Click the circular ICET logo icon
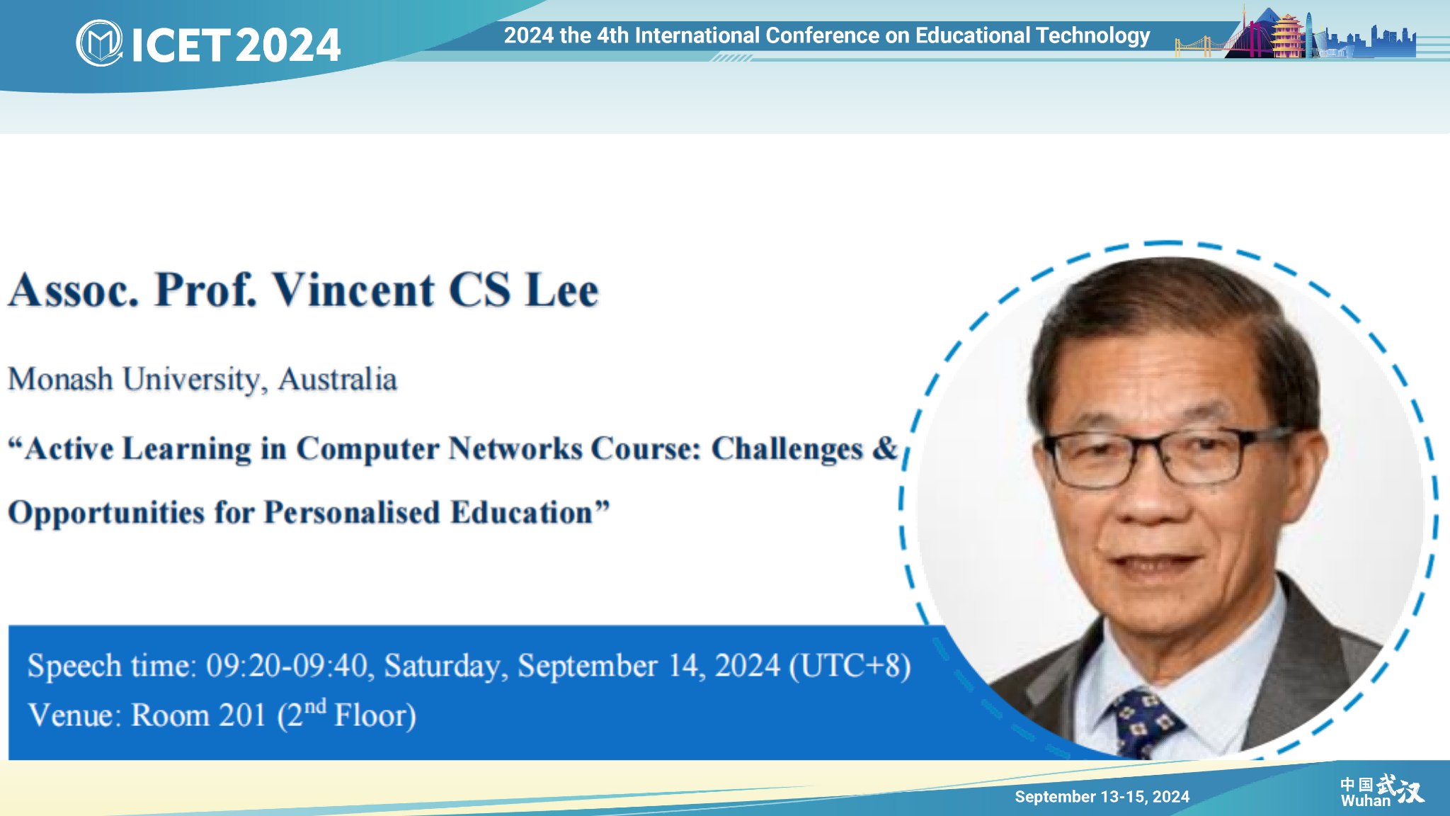(x=99, y=43)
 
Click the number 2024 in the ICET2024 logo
(x=288, y=45)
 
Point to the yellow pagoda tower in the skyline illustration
(x=1288, y=35)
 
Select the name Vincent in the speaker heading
(x=354, y=290)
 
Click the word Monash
(x=60, y=379)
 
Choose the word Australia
(x=338, y=379)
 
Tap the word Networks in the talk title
(x=515, y=448)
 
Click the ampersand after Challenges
(x=885, y=448)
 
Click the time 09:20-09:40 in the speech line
(x=287, y=666)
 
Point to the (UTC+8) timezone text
(x=850, y=666)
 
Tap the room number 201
(x=242, y=715)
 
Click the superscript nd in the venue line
(x=315, y=706)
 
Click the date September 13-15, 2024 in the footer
(x=1102, y=797)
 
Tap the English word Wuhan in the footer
(x=1366, y=801)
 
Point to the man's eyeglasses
(x=1161, y=458)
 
